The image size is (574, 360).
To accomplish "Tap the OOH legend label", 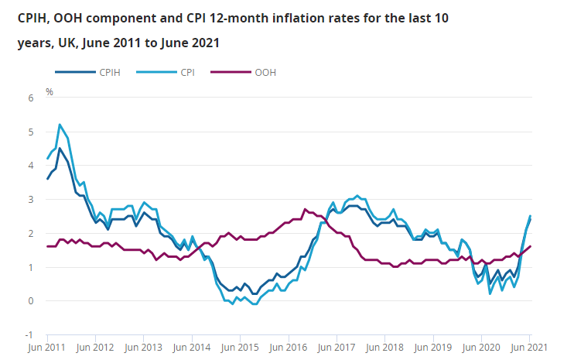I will point(265,72).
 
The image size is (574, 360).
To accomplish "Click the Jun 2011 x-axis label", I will point(46,348).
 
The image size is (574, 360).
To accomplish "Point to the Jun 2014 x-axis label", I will point(191,348).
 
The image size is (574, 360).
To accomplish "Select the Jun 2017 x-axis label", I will point(336,348).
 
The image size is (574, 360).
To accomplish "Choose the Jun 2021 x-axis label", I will point(528,348).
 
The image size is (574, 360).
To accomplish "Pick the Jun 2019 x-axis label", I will point(432,348).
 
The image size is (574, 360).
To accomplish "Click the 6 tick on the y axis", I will point(32,98).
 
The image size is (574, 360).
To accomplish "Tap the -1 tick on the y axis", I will point(30,335).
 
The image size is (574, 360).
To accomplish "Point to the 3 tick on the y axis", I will point(32,200).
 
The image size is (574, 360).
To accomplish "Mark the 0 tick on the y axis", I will point(32,301).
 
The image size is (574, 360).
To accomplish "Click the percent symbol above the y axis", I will point(50,91).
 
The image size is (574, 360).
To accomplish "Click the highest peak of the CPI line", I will point(60,124).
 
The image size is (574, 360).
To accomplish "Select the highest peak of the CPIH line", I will point(60,148).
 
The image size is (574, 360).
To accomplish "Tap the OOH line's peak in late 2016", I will point(305,209).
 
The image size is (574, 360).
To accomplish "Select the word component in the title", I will point(125,17).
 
